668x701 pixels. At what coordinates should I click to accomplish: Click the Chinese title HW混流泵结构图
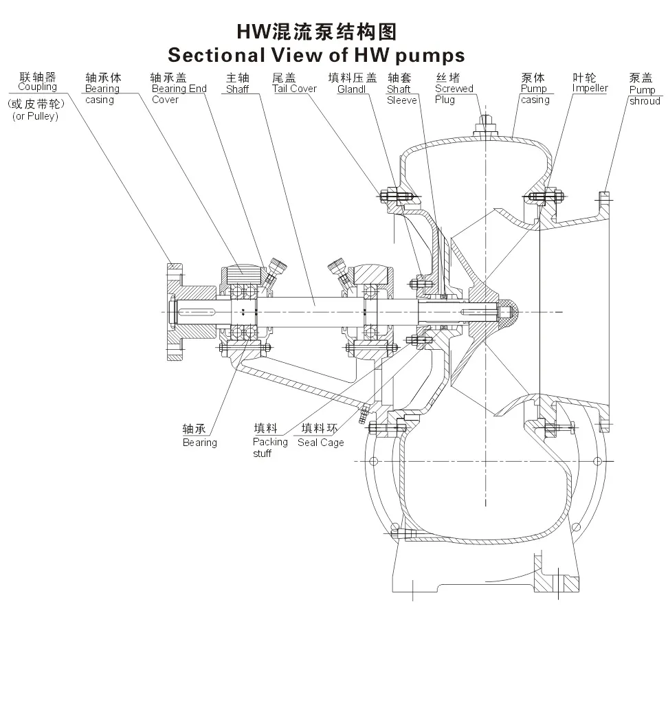(x=316, y=32)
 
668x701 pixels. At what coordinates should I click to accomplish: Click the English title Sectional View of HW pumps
(x=316, y=54)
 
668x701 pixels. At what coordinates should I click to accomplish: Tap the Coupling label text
(x=37, y=87)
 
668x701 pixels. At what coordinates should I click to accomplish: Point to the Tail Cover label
(x=294, y=89)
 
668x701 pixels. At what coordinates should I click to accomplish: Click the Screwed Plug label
(x=454, y=94)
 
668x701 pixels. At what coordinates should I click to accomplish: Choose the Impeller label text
(x=590, y=89)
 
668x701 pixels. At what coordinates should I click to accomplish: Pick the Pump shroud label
(x=644, y=96)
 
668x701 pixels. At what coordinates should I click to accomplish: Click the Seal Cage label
(x=320, y=443)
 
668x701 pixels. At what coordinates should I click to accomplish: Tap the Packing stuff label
(x=269, y=447)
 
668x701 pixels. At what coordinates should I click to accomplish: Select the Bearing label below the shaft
(x=199, y=443)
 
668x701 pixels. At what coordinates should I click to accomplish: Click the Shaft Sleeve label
(x=401, y=95)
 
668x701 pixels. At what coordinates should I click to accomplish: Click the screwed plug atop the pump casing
(x=486, y=126)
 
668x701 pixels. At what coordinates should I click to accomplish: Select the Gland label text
(x=351, y=89)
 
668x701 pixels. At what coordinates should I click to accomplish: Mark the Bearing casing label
(x=102, y=94)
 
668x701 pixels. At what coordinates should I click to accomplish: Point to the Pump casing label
(x=535, y=94)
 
